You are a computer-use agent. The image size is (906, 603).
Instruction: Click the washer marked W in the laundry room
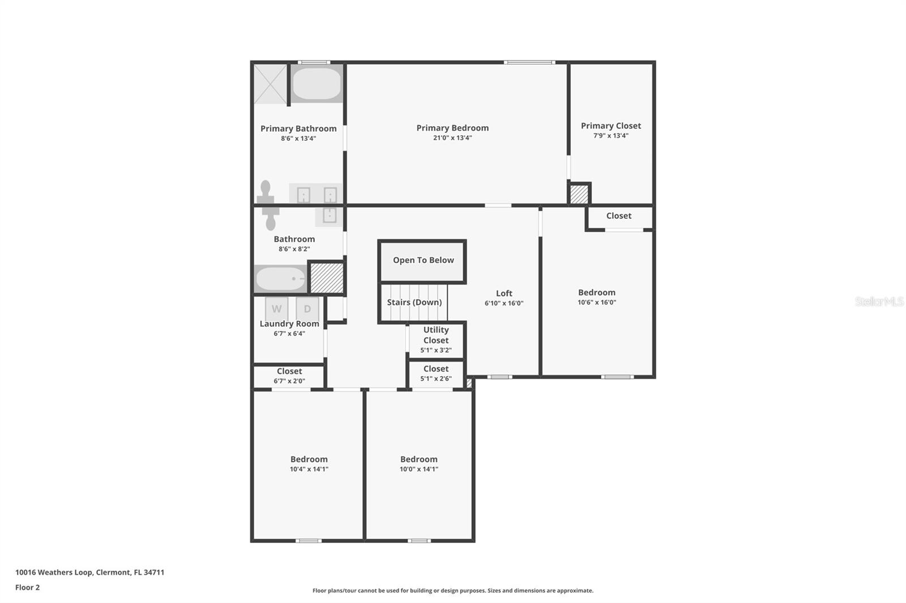pos(277,309)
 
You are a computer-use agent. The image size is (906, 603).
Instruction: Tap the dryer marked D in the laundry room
pos(307,309)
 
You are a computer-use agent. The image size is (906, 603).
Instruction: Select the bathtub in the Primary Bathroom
pos(317,84)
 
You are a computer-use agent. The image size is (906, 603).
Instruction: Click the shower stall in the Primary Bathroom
pos(270,84)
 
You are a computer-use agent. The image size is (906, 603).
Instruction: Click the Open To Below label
pos(424,260)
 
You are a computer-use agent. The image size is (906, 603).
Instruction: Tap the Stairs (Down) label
pos(414,302)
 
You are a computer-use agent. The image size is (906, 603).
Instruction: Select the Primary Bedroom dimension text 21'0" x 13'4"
pos(452,138)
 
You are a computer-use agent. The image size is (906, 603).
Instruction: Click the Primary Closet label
pos(611,126)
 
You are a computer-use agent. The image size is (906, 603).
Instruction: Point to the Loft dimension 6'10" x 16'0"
pos(504,304)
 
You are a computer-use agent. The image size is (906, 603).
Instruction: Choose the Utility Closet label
pos(436,335)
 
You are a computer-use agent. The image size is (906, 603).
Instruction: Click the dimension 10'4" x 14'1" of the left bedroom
pos(309,470)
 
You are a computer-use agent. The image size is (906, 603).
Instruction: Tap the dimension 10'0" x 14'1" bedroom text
pos(419,470)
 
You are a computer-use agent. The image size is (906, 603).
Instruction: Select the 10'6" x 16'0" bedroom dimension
pos(597,302)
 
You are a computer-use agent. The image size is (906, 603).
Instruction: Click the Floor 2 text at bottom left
pos(28,588)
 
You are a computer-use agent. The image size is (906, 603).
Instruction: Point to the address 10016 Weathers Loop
pos(54,572)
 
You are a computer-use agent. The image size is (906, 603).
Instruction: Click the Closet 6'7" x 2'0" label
pos(289,376)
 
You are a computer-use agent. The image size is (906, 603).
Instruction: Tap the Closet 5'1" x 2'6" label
pos(436,373)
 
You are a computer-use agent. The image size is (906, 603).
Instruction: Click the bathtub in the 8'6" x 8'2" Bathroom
pos(281,278)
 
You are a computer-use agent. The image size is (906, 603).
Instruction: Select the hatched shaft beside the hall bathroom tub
pos(326,278)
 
